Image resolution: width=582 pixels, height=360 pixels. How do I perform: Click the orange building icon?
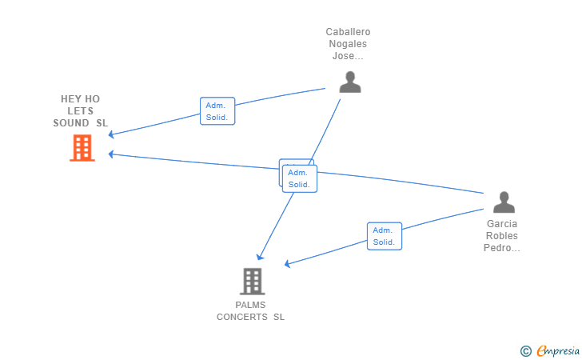(82, 148)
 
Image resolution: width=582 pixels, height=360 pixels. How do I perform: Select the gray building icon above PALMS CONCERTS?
(253, 282)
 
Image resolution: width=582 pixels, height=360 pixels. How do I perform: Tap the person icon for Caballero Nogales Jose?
(350, 82)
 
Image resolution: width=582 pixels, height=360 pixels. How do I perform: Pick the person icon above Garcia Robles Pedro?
(504, 202)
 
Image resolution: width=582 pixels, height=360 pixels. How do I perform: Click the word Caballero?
(349, 32)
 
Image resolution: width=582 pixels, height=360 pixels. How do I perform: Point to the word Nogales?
(348, 44)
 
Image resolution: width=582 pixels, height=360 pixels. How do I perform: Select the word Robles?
(502, 236)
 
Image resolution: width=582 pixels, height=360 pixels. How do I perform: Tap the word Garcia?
(502, 224)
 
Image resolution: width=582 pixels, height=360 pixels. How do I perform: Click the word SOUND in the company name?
(71, 123)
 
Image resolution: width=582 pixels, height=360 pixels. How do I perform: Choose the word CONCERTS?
(242, 317)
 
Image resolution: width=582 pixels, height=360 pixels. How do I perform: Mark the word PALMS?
(250, 305)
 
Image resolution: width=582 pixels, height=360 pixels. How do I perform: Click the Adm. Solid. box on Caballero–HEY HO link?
(217, 111)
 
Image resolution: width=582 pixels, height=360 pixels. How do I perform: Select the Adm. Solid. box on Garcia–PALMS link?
(385, 236)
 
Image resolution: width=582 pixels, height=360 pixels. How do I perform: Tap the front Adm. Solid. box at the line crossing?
(300, 178)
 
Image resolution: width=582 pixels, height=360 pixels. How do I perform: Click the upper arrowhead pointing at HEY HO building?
(110, 134)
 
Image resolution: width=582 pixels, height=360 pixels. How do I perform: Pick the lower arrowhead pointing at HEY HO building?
(110, 154)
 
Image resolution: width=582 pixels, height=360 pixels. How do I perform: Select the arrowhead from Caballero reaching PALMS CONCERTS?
(260, 257)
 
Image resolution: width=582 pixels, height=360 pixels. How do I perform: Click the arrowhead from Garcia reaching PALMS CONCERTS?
(287, 264)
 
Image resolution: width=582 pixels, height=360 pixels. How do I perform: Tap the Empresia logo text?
(558, 350)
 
